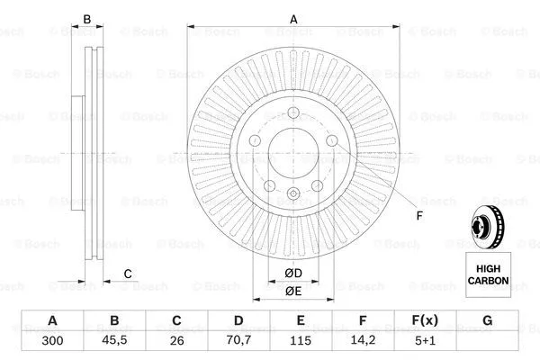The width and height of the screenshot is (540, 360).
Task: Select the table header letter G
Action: point(487,321)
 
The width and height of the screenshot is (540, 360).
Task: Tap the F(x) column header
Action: point(425,321)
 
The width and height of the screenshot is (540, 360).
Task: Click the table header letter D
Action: point(238,321)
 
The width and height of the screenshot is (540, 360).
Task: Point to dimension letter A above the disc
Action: point(293,17)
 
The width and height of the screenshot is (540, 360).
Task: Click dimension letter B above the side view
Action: point(87,18)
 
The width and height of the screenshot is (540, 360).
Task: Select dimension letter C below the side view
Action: point(128,274)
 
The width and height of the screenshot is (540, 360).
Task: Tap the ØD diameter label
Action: point(292,273)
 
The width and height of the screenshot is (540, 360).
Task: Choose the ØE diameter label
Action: point(292,291)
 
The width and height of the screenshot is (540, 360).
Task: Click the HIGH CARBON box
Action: point(488,274)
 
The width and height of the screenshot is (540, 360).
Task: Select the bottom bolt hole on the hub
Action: point(293,195)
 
